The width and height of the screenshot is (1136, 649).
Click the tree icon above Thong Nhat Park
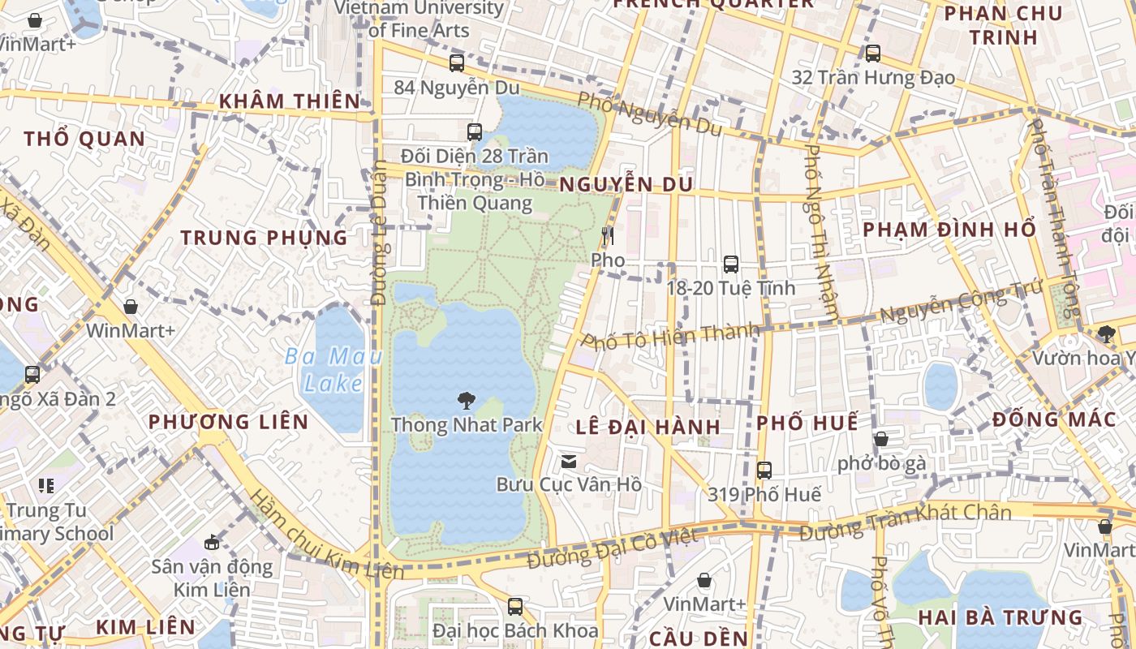point(466,399)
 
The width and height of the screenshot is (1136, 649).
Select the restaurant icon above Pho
point(608,236)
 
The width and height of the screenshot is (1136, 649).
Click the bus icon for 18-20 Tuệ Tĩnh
point(730,264)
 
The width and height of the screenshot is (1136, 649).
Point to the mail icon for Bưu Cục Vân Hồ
point(569,462)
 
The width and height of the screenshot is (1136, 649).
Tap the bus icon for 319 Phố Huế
point(764,470)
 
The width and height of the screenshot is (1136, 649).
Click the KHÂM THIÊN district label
point(290,101)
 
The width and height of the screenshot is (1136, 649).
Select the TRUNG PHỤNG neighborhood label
point(264,238)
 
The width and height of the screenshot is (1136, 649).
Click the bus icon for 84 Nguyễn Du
point(457,62)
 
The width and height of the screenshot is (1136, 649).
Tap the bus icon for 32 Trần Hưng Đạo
point(872,54)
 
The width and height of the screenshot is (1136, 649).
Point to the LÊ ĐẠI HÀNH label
point(648,427)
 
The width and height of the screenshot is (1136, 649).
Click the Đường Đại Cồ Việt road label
point(612,548)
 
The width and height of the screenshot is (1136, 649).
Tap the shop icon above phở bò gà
point(880,439)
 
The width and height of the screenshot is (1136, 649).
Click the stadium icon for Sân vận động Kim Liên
point(212,542)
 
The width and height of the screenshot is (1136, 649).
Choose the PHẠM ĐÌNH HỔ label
point(949,230)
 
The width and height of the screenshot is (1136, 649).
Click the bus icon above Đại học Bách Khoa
point(514,606)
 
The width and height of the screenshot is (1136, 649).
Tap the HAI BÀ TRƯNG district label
point(1000,617)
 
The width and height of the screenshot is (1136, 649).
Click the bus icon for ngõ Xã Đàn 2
point(32,374)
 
